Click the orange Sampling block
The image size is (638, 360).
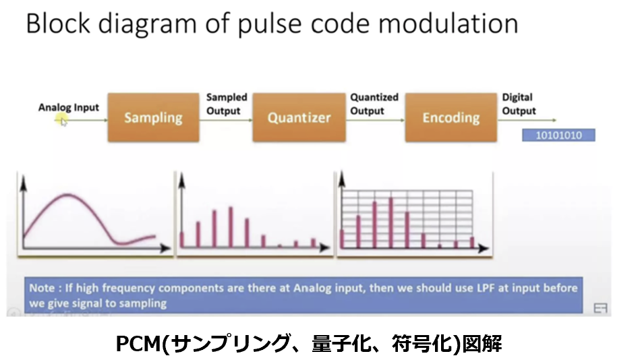pos(153,117)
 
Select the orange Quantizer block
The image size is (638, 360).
pos(299,117)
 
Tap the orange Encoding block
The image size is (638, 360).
pos(451,117)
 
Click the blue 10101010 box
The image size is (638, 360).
pos(558,135)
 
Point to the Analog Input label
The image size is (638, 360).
pos(69,107)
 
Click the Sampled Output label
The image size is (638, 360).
pos(227,104)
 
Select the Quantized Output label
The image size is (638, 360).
pos(374,104)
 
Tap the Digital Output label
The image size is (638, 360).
pos(519,104)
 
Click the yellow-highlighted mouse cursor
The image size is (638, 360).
pos(62,120)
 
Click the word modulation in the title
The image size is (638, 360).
pos(448,23)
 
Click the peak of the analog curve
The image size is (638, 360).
pos(67,195)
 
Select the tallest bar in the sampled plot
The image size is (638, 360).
pos(231,227)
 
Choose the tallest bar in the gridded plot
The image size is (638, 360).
pos(391,222)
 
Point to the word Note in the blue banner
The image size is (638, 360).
pos(42,288)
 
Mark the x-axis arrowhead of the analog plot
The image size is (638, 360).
pos(166,247)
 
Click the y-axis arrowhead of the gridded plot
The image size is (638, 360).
pos(342,179)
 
